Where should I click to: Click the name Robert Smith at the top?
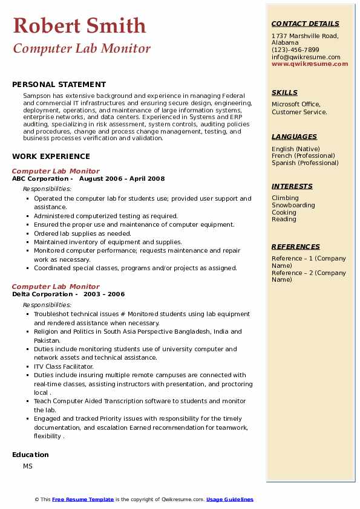(79, 25)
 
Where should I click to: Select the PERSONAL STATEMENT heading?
(59, 85)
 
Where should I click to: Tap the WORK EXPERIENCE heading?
(51, 156)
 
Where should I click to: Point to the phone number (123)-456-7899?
(295, 50)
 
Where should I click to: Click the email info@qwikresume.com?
(306, 57)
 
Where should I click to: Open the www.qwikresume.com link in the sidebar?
(310, 63)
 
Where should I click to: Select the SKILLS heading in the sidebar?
(284, 92)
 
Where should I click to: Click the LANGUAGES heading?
(294, 137)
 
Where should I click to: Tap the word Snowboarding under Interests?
(293, 205)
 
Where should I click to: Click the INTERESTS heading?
(292, 186)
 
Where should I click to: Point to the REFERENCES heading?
(296, 247)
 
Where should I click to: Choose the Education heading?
(30, 455)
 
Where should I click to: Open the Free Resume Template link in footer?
(83, 499)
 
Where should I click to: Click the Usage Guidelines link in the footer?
(230, 499)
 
